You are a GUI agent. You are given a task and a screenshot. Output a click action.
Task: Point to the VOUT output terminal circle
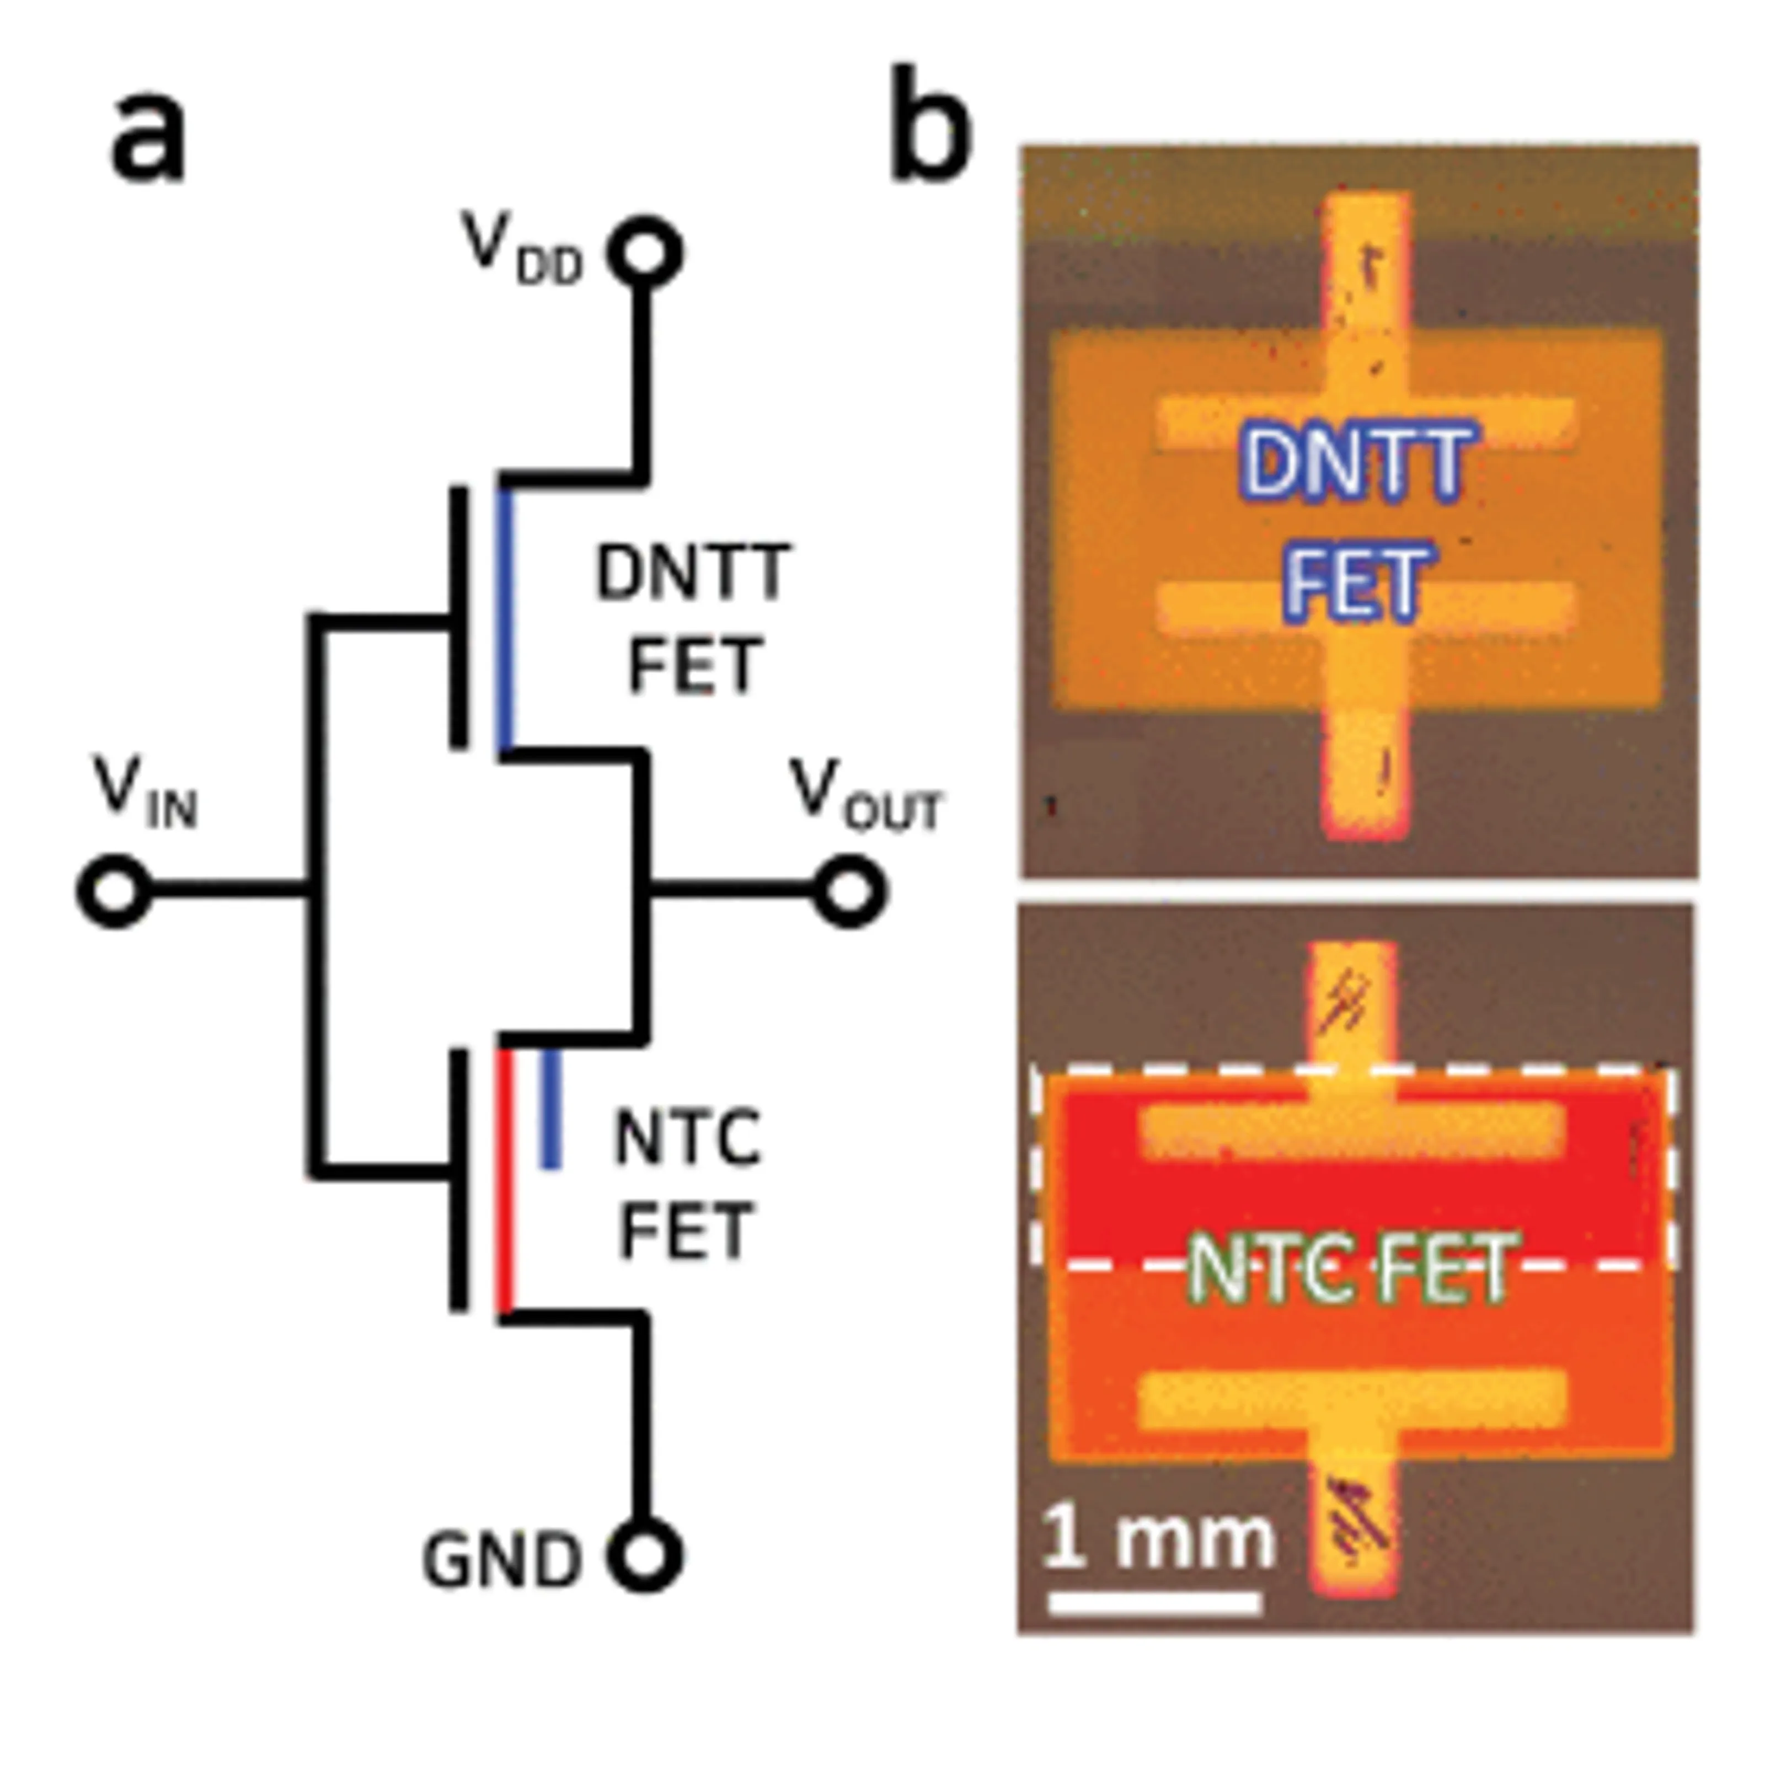click(x=849, y=891)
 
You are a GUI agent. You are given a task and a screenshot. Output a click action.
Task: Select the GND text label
click(x=501, y=1559)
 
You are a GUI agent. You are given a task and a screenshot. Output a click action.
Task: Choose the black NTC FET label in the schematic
click(x=687, y=1184)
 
